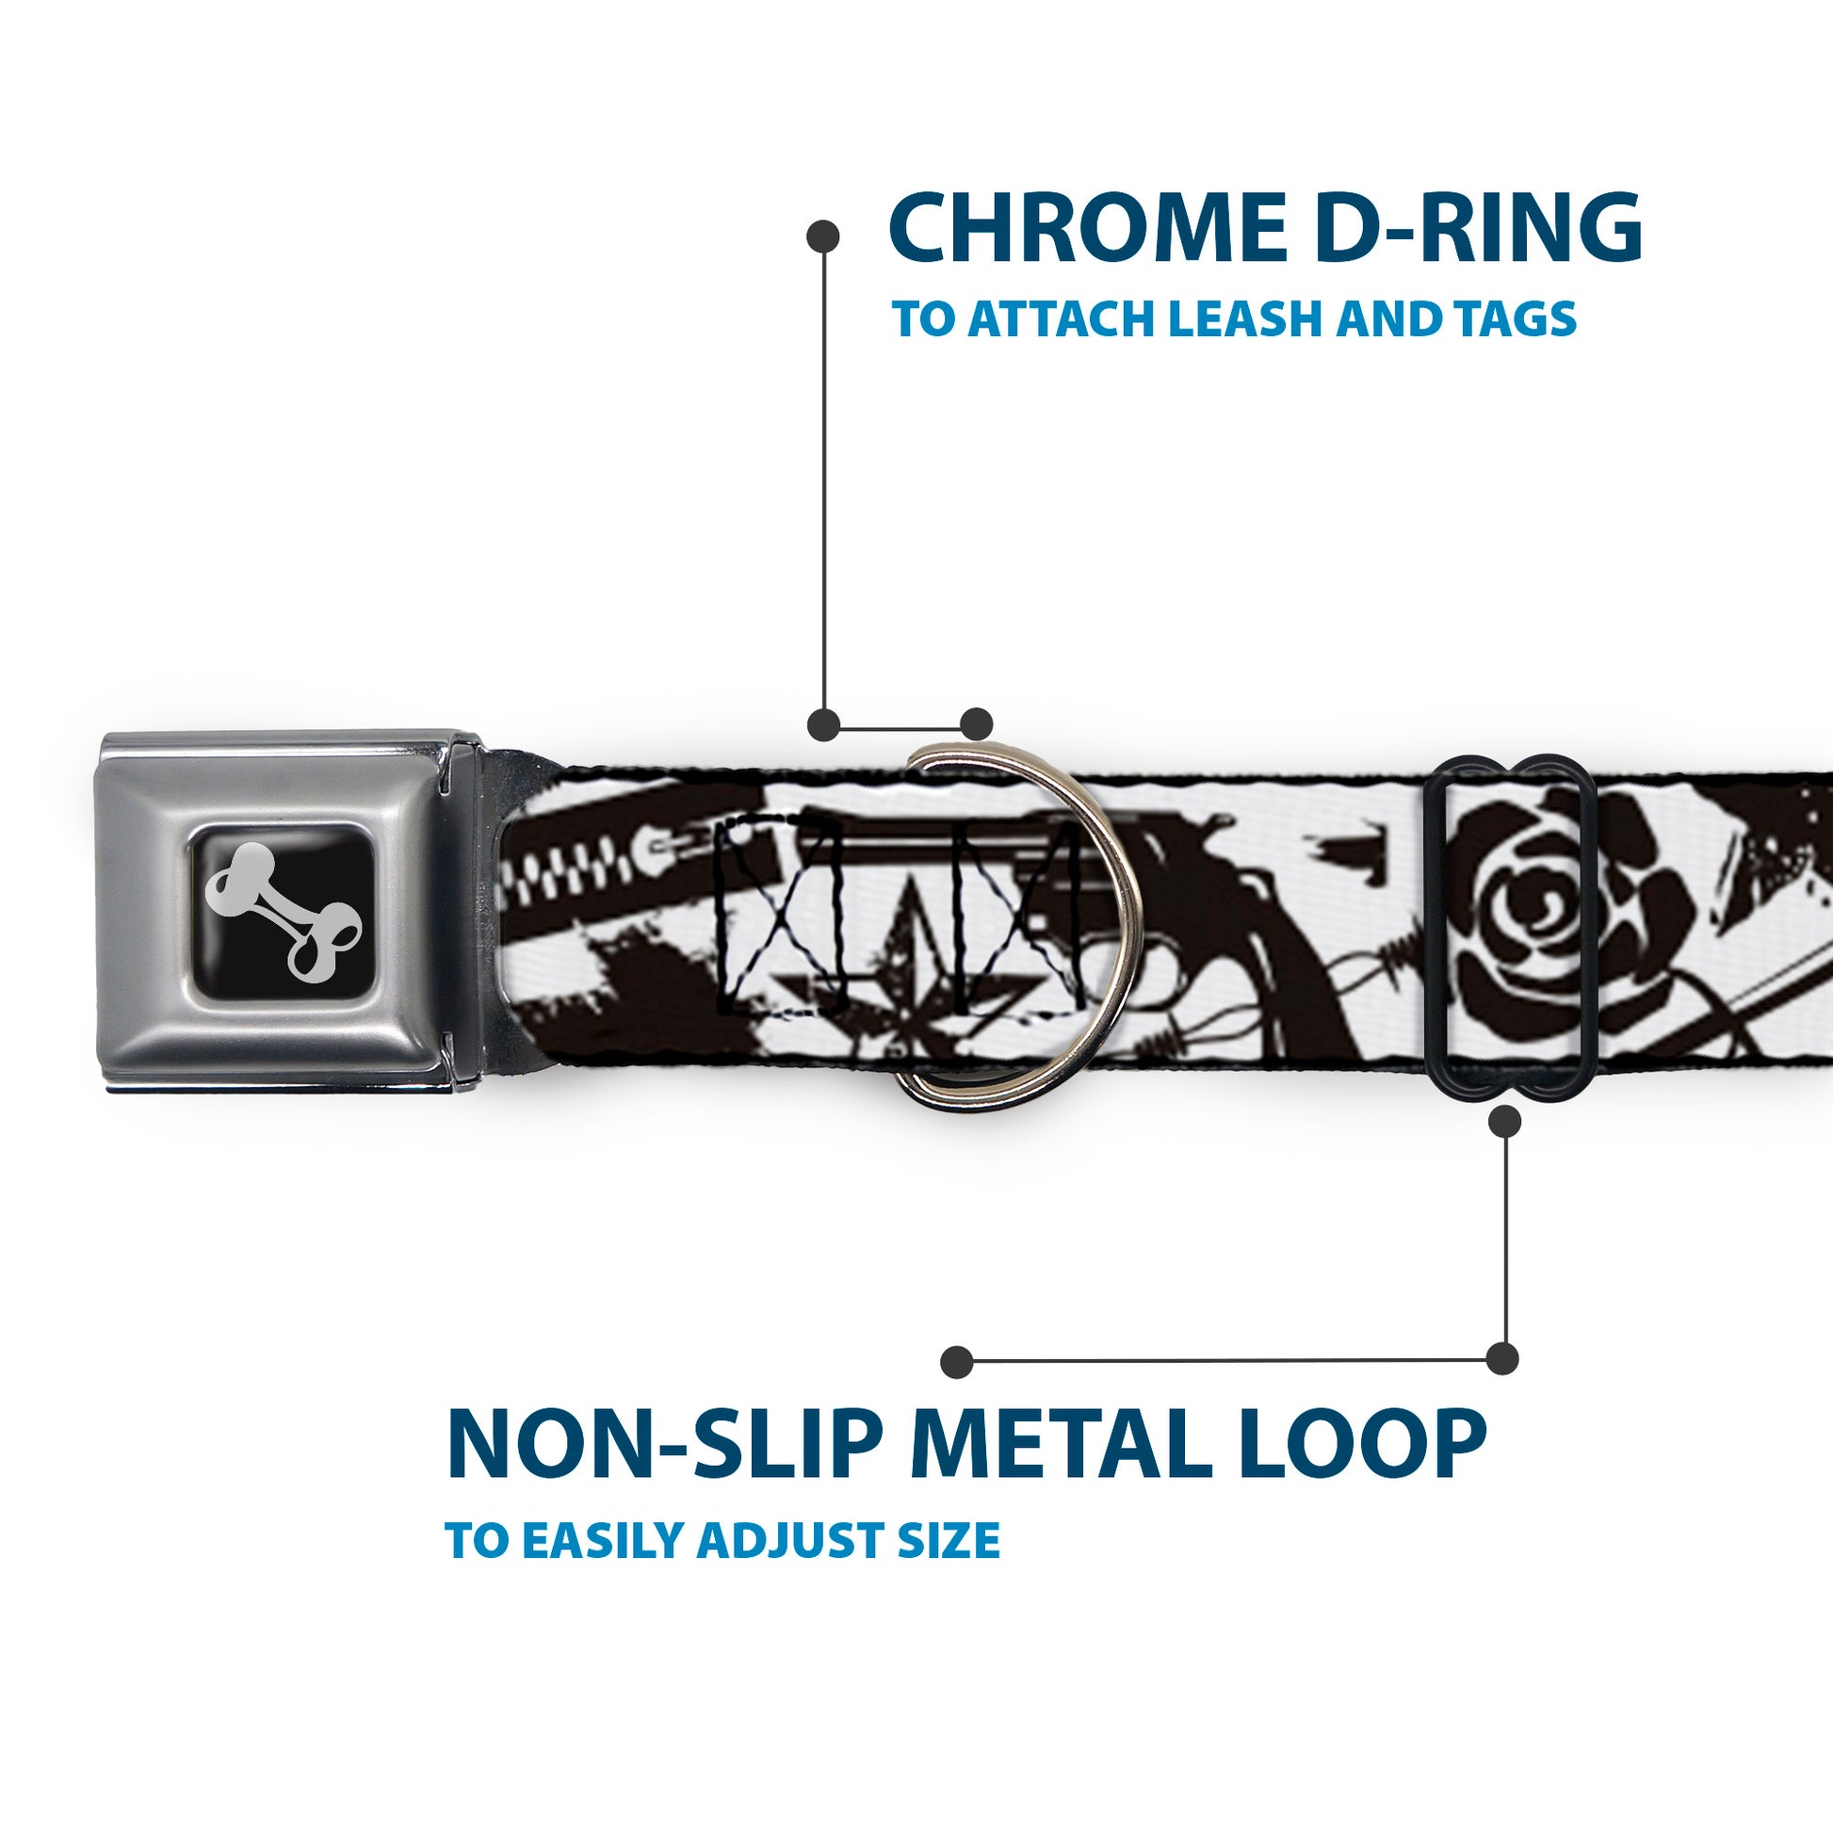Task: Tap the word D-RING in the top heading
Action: (x=1479, y=229)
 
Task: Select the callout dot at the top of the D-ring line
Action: (x=822, y=236)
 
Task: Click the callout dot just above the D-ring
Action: (x=976, y=724)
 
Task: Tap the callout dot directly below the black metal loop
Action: (x=1504, y=1122)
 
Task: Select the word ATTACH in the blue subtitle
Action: (x=1053, y=318)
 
